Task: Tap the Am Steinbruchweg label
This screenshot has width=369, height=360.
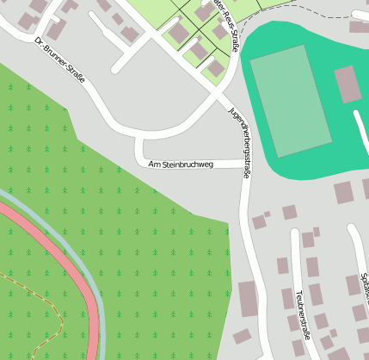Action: (180, 164)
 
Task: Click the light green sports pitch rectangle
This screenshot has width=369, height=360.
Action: (290, 99)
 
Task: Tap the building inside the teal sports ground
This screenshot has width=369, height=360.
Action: (346, 84)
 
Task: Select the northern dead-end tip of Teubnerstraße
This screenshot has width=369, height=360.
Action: (295, 233)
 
